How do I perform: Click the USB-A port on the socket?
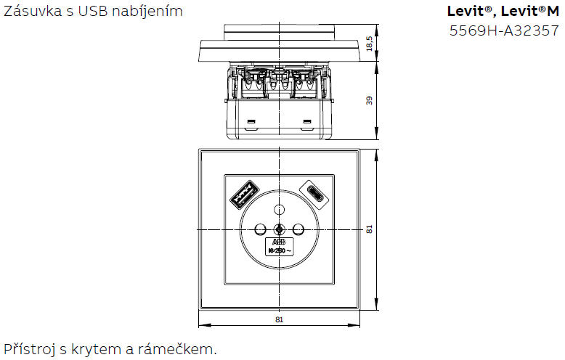[240, 194]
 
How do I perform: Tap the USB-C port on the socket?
[319, 193]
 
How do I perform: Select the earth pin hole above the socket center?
[278, 210]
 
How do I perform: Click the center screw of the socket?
[279, 229]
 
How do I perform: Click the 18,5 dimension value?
[370, 44]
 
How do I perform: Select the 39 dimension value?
[370, 101]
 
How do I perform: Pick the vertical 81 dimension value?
[370, 229]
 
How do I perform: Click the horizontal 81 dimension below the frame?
[279, 319]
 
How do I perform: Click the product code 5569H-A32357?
[505, 30]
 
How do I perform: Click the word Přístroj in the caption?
[28, 349]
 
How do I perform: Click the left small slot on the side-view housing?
[251, 120]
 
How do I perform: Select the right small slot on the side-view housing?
[307, 120]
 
